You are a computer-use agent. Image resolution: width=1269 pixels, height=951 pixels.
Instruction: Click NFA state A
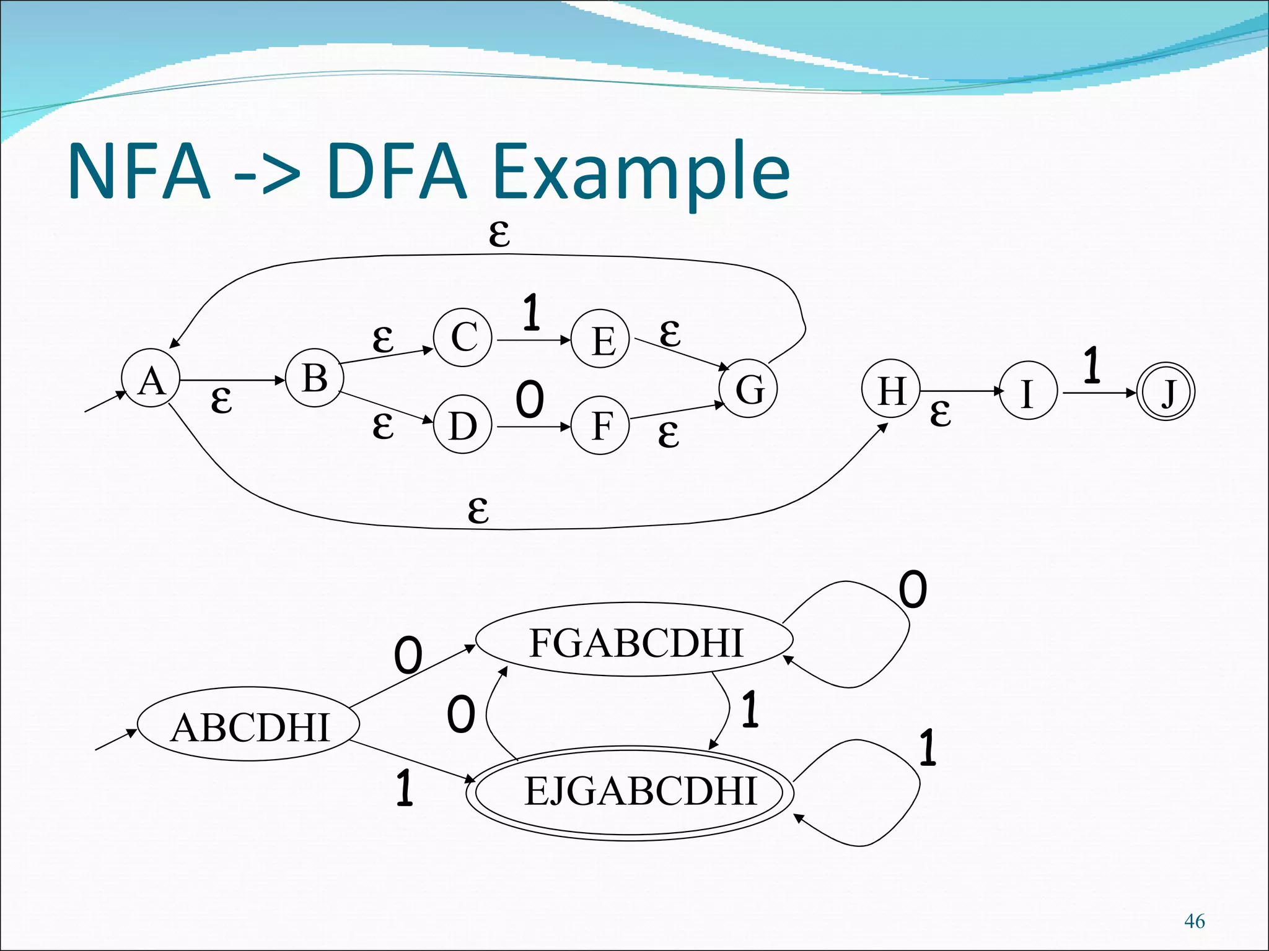[151, 378]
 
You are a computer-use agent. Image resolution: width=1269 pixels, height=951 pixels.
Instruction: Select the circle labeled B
[315, 378]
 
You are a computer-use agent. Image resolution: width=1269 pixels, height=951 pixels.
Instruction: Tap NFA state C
[463, 337]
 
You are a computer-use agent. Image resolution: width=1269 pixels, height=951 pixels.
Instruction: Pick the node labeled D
[463, 425]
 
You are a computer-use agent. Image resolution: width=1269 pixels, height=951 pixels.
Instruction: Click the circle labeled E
[600, 339]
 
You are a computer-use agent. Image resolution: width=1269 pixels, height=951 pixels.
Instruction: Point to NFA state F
[600, 425]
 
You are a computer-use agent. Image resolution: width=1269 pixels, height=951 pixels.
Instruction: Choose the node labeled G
[749, 388]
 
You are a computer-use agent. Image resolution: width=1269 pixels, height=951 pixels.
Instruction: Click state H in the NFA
[891, 390]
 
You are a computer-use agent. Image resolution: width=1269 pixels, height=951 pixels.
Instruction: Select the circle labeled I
[1027, 391]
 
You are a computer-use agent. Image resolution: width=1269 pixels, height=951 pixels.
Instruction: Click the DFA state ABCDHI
[248, 725]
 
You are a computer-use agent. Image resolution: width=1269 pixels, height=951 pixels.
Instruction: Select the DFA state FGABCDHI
[634, 641]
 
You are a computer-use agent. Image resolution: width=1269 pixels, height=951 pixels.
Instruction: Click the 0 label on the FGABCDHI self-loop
[913, 589]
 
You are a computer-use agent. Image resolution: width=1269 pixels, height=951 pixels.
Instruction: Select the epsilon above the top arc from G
[499, 234]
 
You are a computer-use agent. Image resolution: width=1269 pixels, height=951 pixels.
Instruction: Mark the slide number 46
[1194, 921]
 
